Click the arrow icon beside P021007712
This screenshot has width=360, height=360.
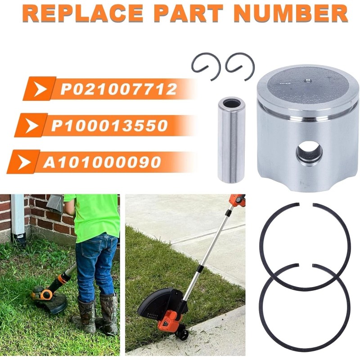[41, 89]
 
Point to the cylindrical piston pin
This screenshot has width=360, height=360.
[231, 140]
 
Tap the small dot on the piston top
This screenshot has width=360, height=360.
[307, 81]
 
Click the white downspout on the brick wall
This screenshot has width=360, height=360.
[18, 216]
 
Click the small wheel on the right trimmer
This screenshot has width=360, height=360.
[183, 335]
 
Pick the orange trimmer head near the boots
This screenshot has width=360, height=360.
[43, 294]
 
